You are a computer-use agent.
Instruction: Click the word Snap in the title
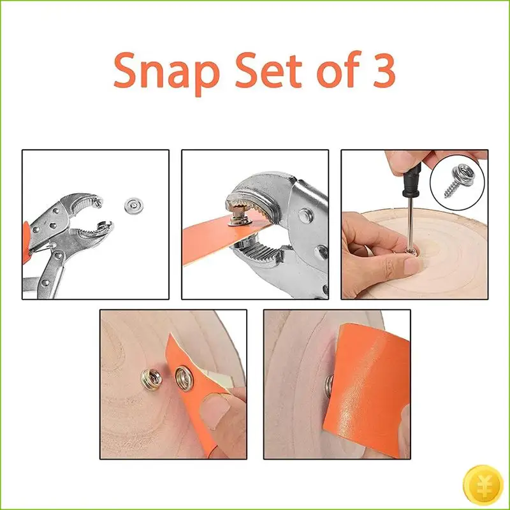[x=166, y=72]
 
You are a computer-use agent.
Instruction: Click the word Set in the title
[x=268, y=70]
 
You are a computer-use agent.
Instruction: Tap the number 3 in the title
[x=381, y=70]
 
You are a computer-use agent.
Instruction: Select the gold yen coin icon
[x=483, y=484]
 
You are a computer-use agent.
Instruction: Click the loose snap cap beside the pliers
[x=134, y=205]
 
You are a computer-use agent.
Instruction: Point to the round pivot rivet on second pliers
[x=305, y=215]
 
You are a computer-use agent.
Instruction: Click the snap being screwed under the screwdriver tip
[x=411, y=251]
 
